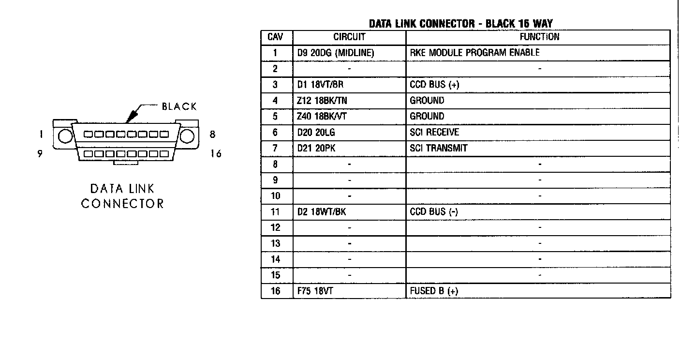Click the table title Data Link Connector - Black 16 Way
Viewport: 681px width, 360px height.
coord(460,23)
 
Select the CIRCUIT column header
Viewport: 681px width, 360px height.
coord(349,37)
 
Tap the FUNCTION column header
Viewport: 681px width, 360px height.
coord(539,37)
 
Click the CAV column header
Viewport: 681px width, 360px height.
coord(275,37)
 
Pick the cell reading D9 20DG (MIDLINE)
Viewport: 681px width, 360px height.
coord(336,53)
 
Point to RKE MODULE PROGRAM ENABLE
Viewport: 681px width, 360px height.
coord(474,52)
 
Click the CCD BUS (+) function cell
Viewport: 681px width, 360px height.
coord(434,85)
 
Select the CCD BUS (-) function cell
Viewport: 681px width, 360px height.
coord(434,212)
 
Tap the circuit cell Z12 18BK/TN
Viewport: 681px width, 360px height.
coord(323,101)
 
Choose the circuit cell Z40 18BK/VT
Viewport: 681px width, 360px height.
coord(323,117)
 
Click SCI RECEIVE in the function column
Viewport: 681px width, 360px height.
coord(434,132)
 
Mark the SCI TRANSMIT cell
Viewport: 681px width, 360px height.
coord(438,148)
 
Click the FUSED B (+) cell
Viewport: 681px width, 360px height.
coord(434,291)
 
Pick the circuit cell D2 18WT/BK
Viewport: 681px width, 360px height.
coord(322,212)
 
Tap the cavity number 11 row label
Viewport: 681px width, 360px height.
coord(275,212)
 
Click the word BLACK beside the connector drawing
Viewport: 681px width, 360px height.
coord(179,106)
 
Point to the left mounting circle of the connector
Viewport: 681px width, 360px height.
coord(65,136)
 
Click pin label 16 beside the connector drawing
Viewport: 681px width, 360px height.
coord(216,154)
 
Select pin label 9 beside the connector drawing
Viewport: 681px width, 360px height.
coord(40,154)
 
